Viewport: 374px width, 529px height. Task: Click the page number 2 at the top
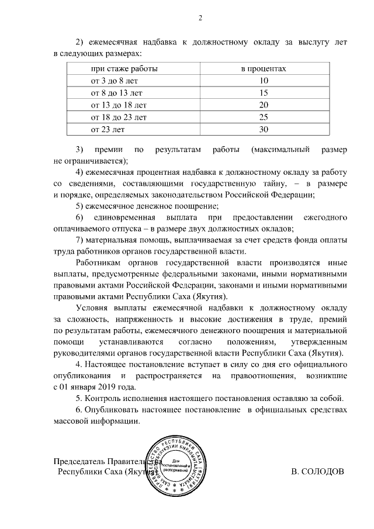[x=199, y=17]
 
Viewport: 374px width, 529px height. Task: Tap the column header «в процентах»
[x=263, y=69]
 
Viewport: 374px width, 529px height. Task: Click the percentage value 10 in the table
[x=263, y=81]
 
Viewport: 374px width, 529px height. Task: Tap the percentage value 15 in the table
[x=263, y=93]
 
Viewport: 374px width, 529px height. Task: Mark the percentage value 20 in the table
[x=263, y=105]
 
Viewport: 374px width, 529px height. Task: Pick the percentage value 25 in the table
[x=263, y=117]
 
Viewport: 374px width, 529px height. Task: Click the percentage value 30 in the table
[x=263, y=129]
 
